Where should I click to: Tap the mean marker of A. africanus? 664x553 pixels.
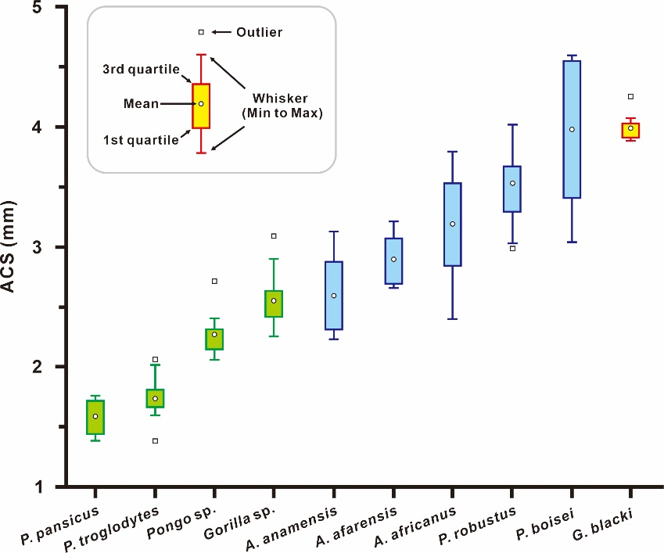[x=452, y=224]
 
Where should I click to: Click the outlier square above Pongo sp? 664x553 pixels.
[x=214, y=281]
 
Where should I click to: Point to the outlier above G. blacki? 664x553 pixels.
[x=630, y=97]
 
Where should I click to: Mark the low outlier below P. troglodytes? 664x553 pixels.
[x=155, y=441]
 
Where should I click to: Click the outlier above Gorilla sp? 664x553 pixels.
[x=274, y=235]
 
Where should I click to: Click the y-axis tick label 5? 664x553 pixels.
[x=46, y=8]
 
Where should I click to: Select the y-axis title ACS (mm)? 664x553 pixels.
[x=11, y=248]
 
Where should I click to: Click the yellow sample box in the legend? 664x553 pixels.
[x=201, y=106]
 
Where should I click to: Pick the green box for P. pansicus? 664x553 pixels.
[x=95, y=418]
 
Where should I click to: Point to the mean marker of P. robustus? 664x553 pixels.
[x=512, y=183]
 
